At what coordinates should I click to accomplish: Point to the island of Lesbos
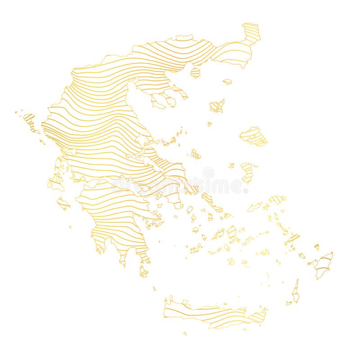click(x=253, y=136)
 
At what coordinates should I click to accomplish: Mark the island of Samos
click(x=277, y=199)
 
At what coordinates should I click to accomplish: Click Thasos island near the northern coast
click(x=195, y=72)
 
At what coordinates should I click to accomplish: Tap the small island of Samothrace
click(x=227, y=82)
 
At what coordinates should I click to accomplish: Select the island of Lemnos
click(x=217, y=106)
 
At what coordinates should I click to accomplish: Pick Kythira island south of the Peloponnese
click(x=144, y=271)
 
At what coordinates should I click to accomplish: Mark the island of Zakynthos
click(x=63, y=203)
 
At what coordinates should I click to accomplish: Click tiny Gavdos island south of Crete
click(x=184, y=334)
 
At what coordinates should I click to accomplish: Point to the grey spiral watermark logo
click(x=208, y=173)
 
